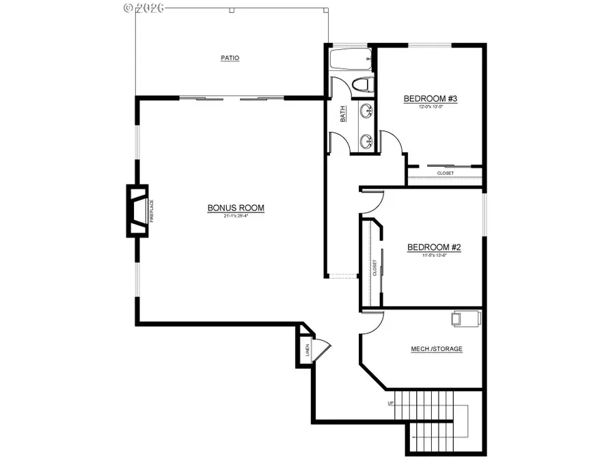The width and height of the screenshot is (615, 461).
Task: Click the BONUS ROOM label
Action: click(236, 208)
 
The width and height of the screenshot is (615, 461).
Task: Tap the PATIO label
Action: click(230, 58)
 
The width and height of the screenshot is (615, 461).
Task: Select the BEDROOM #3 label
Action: click(430, 99)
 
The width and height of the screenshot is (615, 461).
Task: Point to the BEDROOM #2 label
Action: click(434, 247)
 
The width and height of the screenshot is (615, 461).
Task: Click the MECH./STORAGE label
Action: click(436, 349)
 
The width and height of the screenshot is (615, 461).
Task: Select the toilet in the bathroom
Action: click(361, 85)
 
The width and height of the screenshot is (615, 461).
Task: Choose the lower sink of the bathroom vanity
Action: click(367, 141)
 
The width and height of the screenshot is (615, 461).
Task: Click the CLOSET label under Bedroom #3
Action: click(445, 173)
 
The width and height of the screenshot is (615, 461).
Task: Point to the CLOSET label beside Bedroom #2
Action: click(374, 267)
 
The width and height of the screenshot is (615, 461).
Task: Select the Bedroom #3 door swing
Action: click(392, 142)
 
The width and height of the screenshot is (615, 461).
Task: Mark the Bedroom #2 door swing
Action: click(373, 201)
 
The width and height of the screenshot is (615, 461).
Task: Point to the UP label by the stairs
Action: click(391, 403)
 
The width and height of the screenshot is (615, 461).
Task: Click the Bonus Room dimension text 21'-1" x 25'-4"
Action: click(236, 216)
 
